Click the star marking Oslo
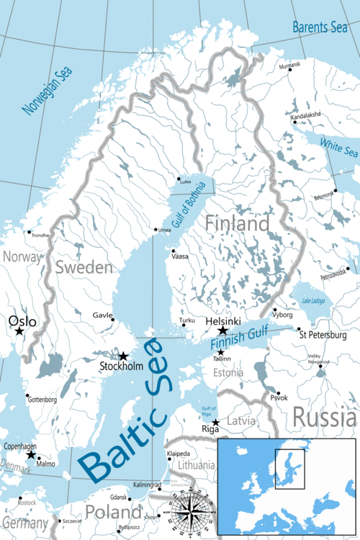pyautogui.click(x=19, y=331)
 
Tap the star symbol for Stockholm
pyautogui.click(x=123, y=356)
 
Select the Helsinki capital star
pyautogui.click(x=222, y=330)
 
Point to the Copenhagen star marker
pyautogui.click(x=30, y=455)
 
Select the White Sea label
pyautogui.click(x=338, y=147)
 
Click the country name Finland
pyautogui.click(x=237, y=224)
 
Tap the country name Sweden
pyautogui.click(x=84, y=268)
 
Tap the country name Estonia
pyautogui.click(x=228, y=373)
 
